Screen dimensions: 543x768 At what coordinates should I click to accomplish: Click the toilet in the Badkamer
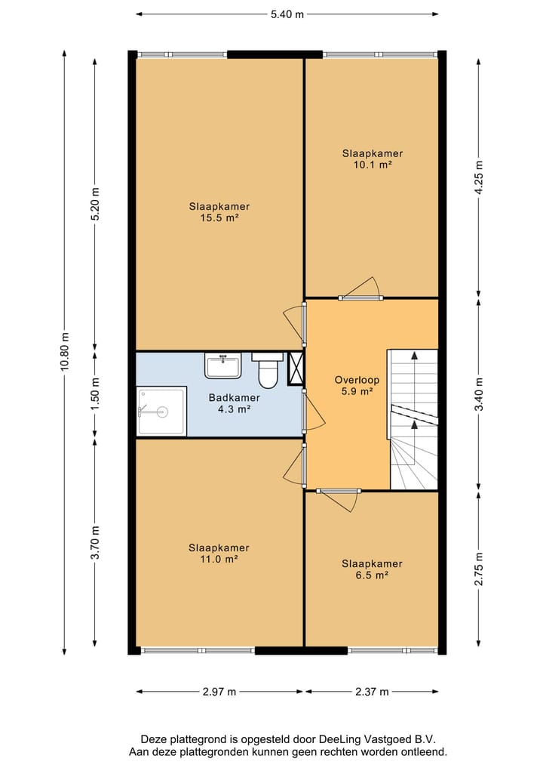(267, 370)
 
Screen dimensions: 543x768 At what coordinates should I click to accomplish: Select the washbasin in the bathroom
(222, 366)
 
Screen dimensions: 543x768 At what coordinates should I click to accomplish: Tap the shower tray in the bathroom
(161, 412)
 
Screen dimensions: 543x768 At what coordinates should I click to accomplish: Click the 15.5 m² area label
(219, 218)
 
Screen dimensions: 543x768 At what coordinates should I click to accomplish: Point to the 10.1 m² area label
(373, 165)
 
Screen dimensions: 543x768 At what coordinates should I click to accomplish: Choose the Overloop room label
(357, 380)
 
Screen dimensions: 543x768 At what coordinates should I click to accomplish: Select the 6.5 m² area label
(372, 575)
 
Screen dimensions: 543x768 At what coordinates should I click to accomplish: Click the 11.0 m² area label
(219, 560)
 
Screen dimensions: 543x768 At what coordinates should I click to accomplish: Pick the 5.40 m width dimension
(287, 14)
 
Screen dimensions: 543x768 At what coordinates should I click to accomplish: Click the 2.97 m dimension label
(219, 692)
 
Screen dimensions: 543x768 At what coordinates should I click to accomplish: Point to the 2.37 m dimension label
(372, 692)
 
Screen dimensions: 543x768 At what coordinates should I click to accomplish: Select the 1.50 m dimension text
(95, 394)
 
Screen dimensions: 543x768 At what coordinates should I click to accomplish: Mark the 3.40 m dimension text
(479, 394)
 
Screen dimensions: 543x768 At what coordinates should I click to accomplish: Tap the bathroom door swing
(313, 411)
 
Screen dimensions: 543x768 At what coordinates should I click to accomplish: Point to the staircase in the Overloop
(413, 419)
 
